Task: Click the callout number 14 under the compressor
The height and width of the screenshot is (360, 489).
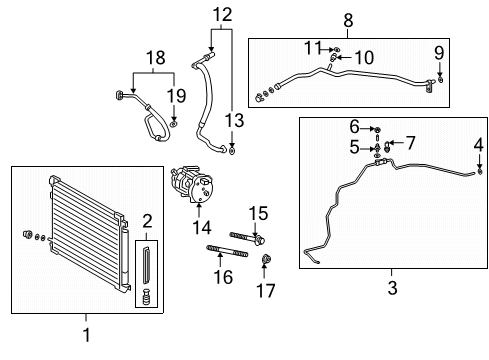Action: [x=202, y=228]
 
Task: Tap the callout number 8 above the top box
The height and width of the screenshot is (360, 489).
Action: [x=348, y=21]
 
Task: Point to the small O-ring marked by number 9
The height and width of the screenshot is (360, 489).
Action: [x=440, y=80]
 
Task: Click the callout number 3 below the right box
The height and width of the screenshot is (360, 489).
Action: [x=392, y=288]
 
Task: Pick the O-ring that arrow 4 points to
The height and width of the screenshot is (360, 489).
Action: [x=480, y=171]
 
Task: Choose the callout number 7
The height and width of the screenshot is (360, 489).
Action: [x=410, y=143]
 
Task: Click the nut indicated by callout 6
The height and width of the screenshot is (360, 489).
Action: [x=377, y=129]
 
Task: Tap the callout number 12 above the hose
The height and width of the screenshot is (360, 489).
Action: [x=222, y=15]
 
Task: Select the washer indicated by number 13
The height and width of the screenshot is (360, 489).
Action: [x=232, y=150]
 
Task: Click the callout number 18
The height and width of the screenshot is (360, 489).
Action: [x=155, y=58]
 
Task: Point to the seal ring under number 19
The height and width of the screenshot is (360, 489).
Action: [x=173, y=124]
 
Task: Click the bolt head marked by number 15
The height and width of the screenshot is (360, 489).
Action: [x=260, y=240]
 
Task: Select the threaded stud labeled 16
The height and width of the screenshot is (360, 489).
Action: [x=227, y=250]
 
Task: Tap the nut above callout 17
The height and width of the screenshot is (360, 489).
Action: [x=266, y=259]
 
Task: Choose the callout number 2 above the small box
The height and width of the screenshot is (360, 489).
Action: [x=147, y=221]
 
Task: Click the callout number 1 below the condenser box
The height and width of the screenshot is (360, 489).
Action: [x=86, y=335]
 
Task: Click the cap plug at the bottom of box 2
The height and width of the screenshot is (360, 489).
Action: [x=146, y=297]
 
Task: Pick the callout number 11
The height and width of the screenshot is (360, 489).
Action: [x=313, y=48]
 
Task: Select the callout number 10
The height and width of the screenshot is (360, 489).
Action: [x=364, y=58]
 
